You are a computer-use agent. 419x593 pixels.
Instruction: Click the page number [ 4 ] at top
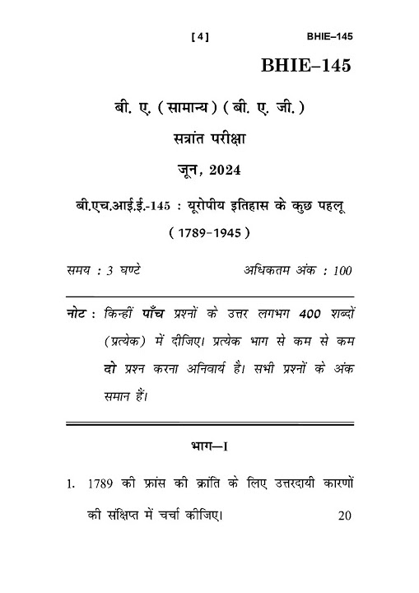200,36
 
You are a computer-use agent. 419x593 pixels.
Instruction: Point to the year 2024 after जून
226,170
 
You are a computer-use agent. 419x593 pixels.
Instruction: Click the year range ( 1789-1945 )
209,233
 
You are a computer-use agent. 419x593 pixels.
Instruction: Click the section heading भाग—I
209,450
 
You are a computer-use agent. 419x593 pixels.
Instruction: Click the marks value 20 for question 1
344,516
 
